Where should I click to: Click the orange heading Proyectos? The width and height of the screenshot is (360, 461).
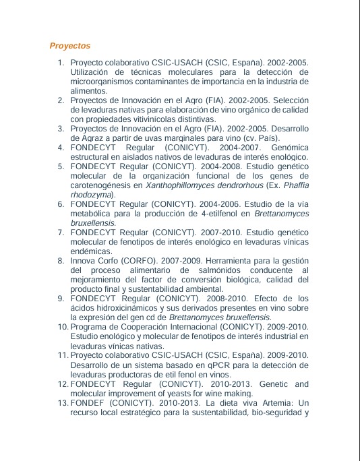[x=70, y=46]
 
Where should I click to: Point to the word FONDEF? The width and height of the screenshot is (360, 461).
[x=87, y=402]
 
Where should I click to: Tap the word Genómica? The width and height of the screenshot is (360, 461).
[x=289, y=147]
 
